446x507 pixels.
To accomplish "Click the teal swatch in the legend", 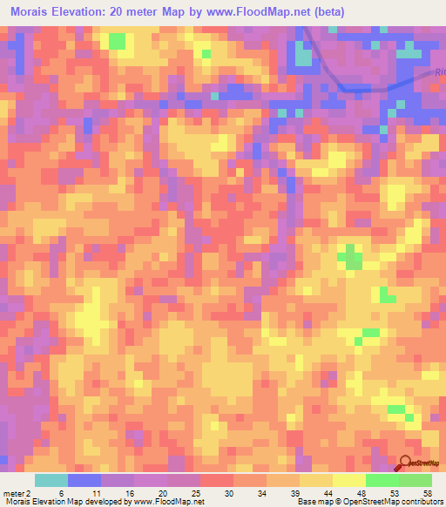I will [x=51, y=480].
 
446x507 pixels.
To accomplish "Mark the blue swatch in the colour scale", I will [x=84, y=480].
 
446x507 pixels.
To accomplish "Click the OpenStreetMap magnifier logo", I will [x=406, y=463].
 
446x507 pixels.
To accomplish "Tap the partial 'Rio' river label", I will [x=440, y=74].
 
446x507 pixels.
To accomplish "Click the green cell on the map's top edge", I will [x=116, y=40].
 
